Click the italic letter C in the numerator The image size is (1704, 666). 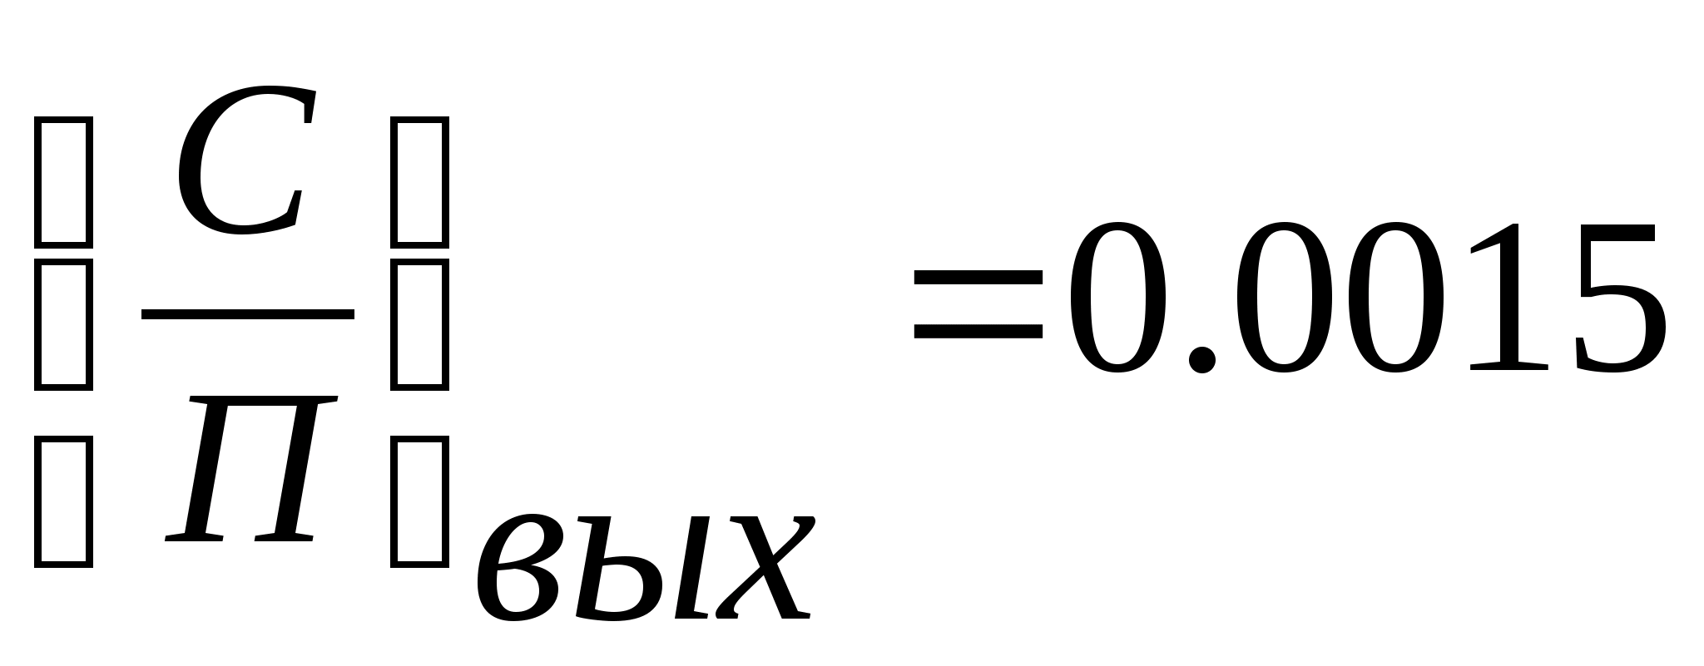pos(241,162)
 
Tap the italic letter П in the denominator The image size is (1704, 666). pos(250,470)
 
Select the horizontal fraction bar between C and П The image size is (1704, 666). pos(247,314)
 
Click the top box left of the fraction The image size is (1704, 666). pos(63,182)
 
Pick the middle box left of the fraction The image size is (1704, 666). pos(63,325)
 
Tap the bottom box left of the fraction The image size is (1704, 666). pos(63,503)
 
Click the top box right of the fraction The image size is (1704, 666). pos(420,182)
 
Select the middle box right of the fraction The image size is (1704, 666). pos(420,325)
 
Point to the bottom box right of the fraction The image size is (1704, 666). pos(420,503)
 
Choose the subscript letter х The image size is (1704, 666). pos(761,570)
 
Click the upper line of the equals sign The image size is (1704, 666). pos(978,281)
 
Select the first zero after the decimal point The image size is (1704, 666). pos(1285,298)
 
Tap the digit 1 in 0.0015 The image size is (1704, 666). pos(1510,298)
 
